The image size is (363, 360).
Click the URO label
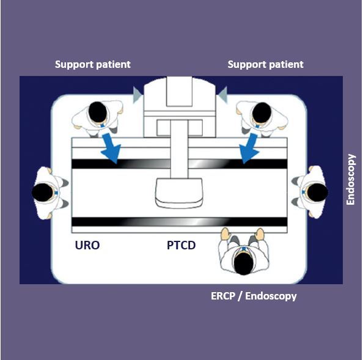(87, 245)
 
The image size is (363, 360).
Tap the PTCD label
(182, 245)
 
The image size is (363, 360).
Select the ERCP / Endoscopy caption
(254, 296)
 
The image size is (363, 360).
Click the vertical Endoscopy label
(351, 180)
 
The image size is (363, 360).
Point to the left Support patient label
(93, 64)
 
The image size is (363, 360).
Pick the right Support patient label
(266, 64)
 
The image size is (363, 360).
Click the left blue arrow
(111, 148)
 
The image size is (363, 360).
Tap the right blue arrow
(249, 148)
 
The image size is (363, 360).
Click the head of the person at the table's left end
(42, 193)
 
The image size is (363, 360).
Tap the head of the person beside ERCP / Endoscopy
(243, 263)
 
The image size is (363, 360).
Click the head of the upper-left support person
(98, 112)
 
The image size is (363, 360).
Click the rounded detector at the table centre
(178, 193)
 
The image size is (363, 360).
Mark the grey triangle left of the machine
(137, 95)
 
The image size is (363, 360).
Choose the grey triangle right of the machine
(222, 95)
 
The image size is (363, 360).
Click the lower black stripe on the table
(180, 222)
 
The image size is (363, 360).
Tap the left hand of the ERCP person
(225, 233)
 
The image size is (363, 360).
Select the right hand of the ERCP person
(260, 234)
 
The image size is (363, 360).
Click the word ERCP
(223, 296)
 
